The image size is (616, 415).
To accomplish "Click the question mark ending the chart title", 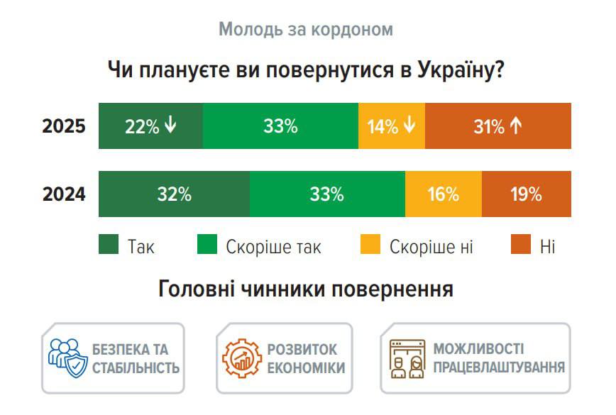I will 499,71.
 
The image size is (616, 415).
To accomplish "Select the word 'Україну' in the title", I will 454,71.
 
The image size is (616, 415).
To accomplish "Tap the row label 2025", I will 64,126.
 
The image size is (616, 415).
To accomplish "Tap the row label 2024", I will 64,194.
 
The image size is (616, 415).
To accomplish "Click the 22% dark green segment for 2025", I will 150,126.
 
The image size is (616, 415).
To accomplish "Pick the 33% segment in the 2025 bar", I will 280,126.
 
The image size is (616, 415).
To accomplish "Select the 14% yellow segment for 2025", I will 391,126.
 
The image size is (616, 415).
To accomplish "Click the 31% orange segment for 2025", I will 497,126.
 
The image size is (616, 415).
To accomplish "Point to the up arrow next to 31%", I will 516,126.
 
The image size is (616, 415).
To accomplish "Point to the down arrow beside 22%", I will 170,126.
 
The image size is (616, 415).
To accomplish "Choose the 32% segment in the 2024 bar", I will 174,194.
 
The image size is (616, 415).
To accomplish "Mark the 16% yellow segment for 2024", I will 443,194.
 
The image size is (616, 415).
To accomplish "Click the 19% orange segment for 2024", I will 526,194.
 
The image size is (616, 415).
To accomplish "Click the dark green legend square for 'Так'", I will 108,245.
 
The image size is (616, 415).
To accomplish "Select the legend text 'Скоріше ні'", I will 431,247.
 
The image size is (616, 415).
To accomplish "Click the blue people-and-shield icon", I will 67,358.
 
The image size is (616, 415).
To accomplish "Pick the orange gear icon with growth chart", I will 241,358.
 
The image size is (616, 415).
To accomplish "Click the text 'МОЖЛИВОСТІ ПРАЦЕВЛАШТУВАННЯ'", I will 498,358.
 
